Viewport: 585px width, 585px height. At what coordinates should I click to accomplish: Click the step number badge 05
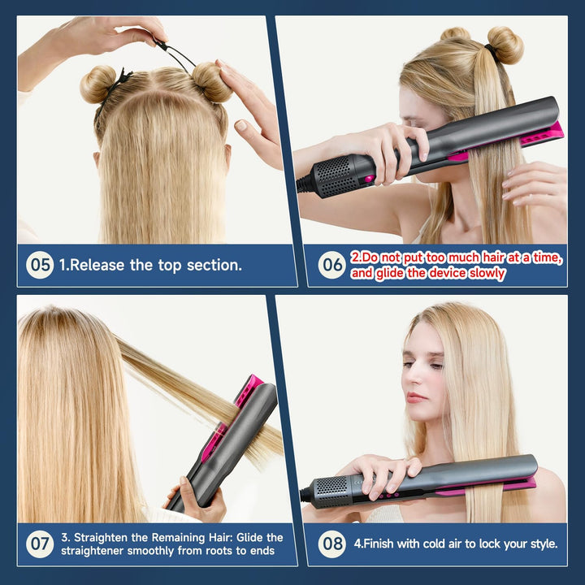pyautogui.click(x=40, y=265)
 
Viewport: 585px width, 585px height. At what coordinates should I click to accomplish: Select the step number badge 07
pyautogui.click(x=40, y=544)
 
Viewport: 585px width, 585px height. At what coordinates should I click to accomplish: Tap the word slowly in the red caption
pyautogui.click(x=486, y=274)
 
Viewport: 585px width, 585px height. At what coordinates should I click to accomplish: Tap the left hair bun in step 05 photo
pyautogui.click(x=97, y=84)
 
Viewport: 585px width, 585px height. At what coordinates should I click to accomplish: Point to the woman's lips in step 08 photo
pyautogui.click(x=417, y=397)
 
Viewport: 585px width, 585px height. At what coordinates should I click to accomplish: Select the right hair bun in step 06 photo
pyautogui.click(x=505, y=44)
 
